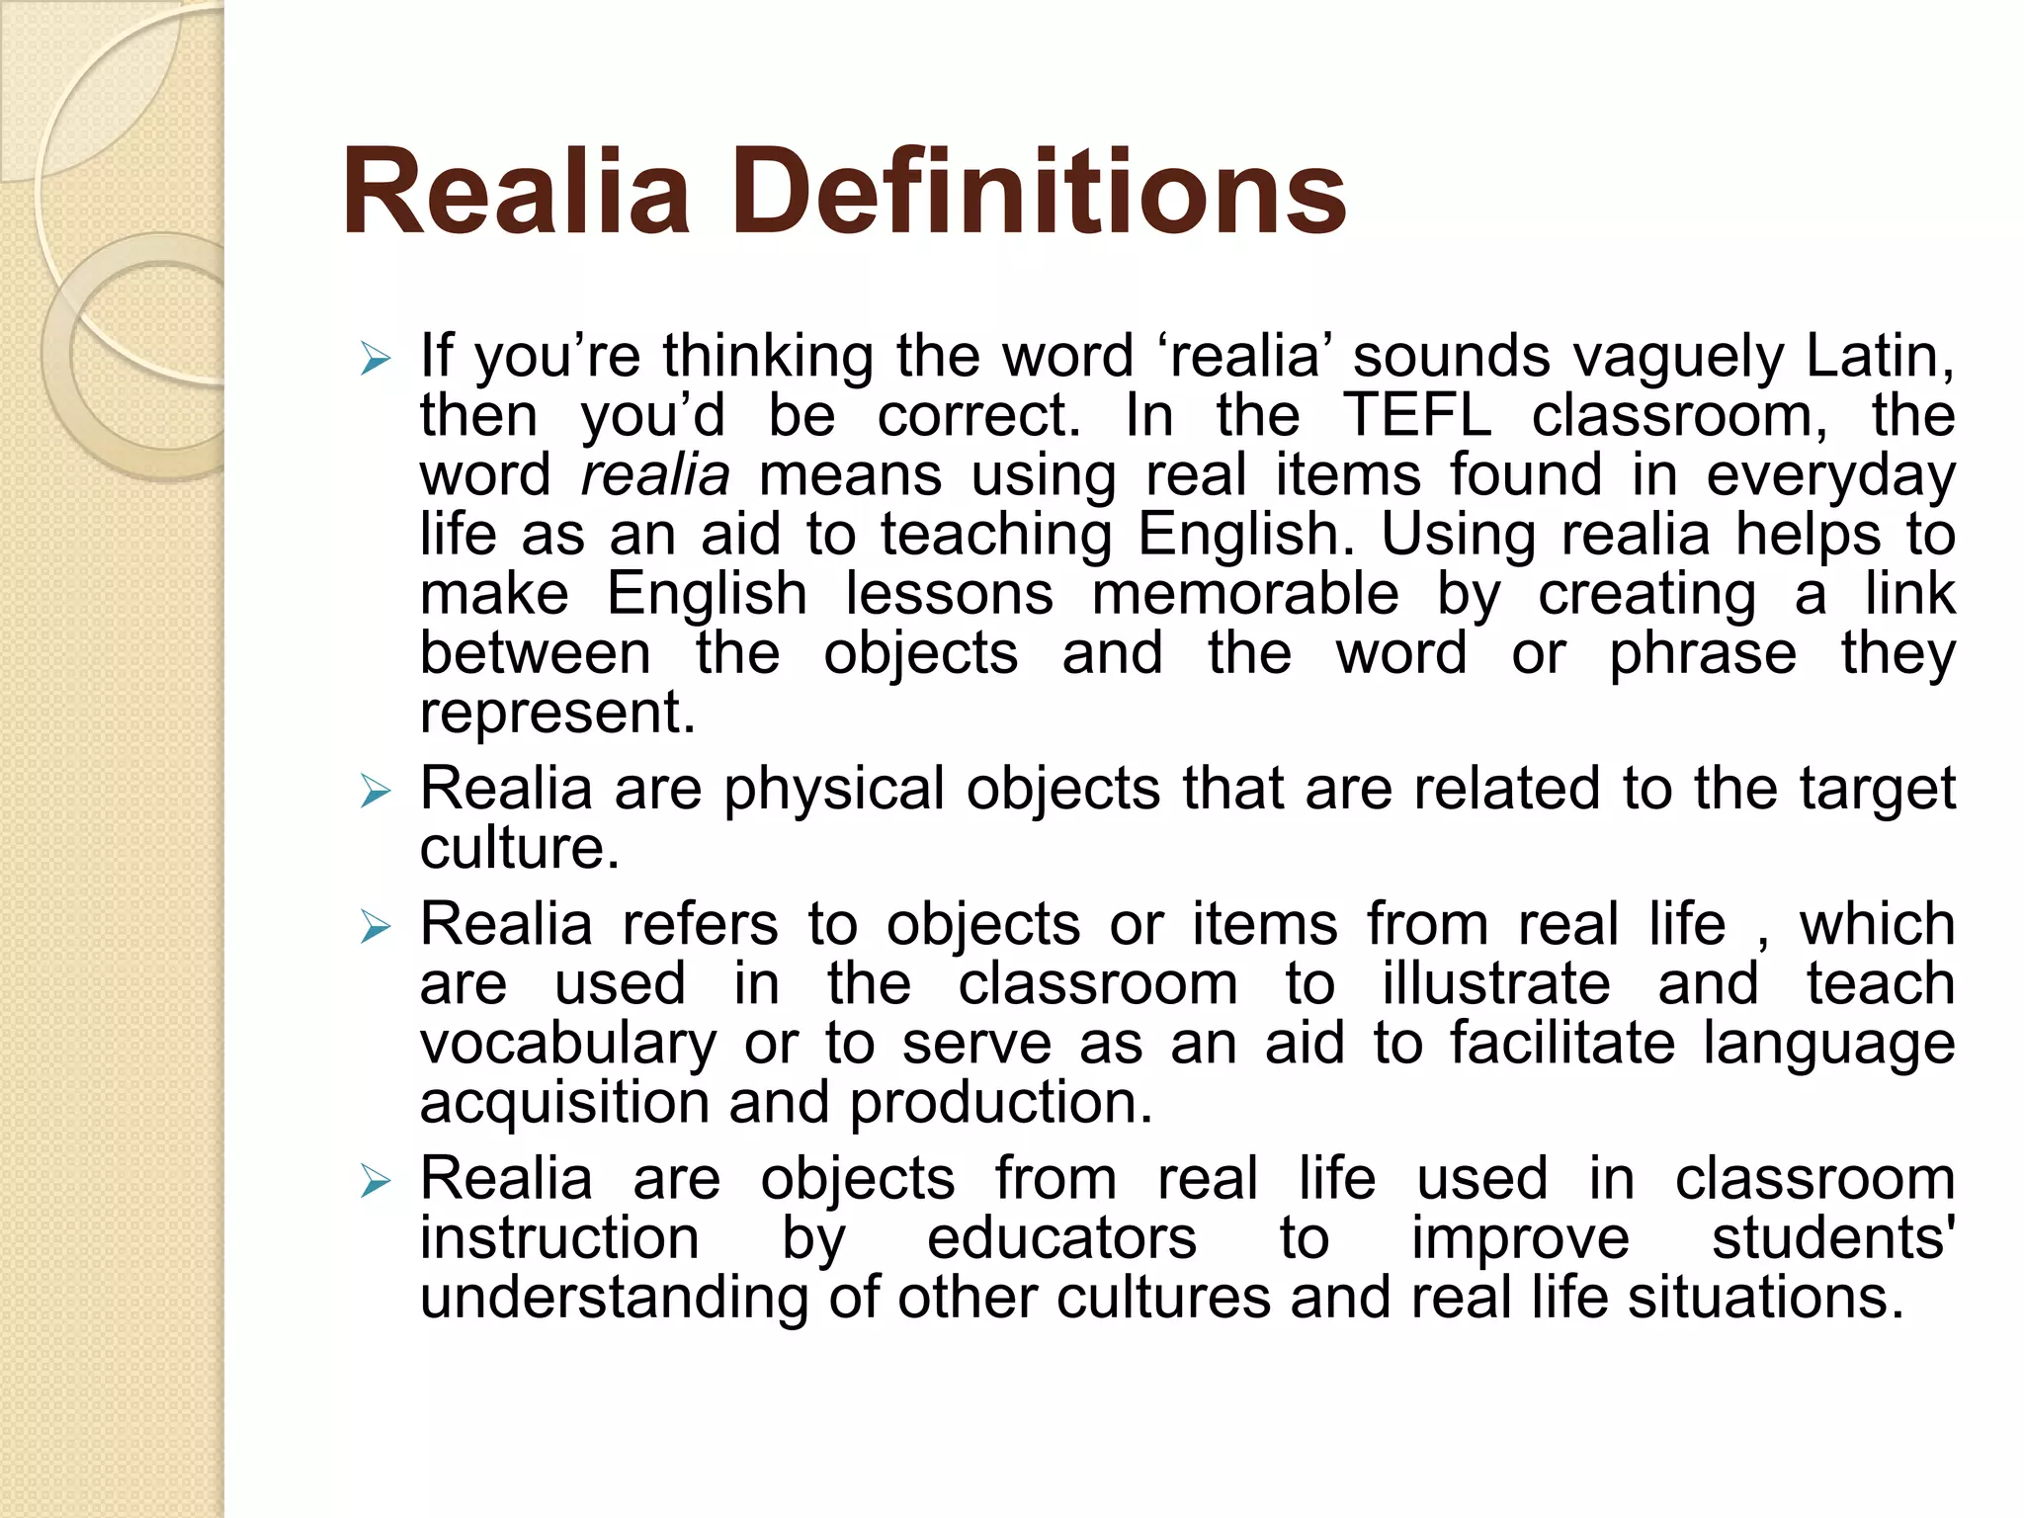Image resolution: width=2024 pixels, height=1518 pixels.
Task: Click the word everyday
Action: (x=1830, y=476)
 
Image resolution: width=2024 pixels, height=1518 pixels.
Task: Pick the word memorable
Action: (x=1245, y=594)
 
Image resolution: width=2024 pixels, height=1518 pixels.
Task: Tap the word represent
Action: (x=557, y=714)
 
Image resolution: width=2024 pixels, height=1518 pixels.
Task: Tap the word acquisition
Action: (x=564, y=1104)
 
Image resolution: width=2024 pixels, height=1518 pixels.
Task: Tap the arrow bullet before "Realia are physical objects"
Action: (x=376, y=791)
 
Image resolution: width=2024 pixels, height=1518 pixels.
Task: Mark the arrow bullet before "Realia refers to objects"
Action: (x=376, y=927)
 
